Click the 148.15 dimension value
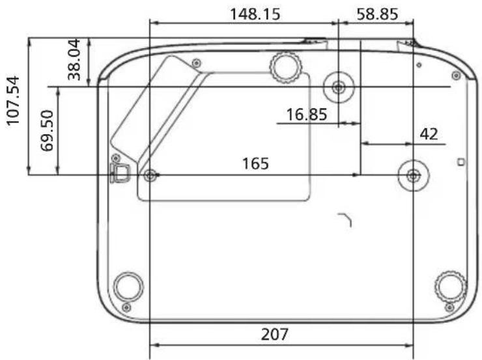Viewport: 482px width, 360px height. [255, 14]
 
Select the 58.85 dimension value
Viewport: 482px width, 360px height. [378, 14]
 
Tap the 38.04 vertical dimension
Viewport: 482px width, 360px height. [74, 60]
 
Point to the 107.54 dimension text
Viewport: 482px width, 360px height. [13, 101]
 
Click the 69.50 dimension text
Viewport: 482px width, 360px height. [47, 131]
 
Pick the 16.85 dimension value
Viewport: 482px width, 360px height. [307, 115]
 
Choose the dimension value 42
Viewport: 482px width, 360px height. [429, 134]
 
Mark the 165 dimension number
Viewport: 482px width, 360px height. [255, 163]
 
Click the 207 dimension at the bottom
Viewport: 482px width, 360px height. [275, 334]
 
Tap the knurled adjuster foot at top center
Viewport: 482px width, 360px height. [286, 67]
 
